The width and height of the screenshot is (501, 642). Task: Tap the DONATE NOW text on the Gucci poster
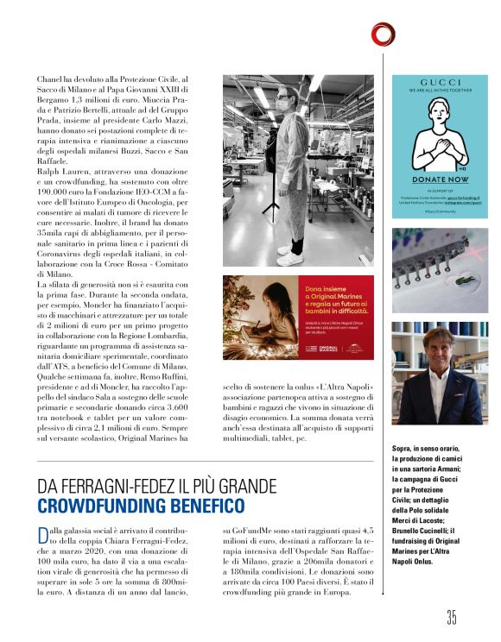click(440, 179)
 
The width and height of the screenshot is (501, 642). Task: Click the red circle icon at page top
click(384, 34)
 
